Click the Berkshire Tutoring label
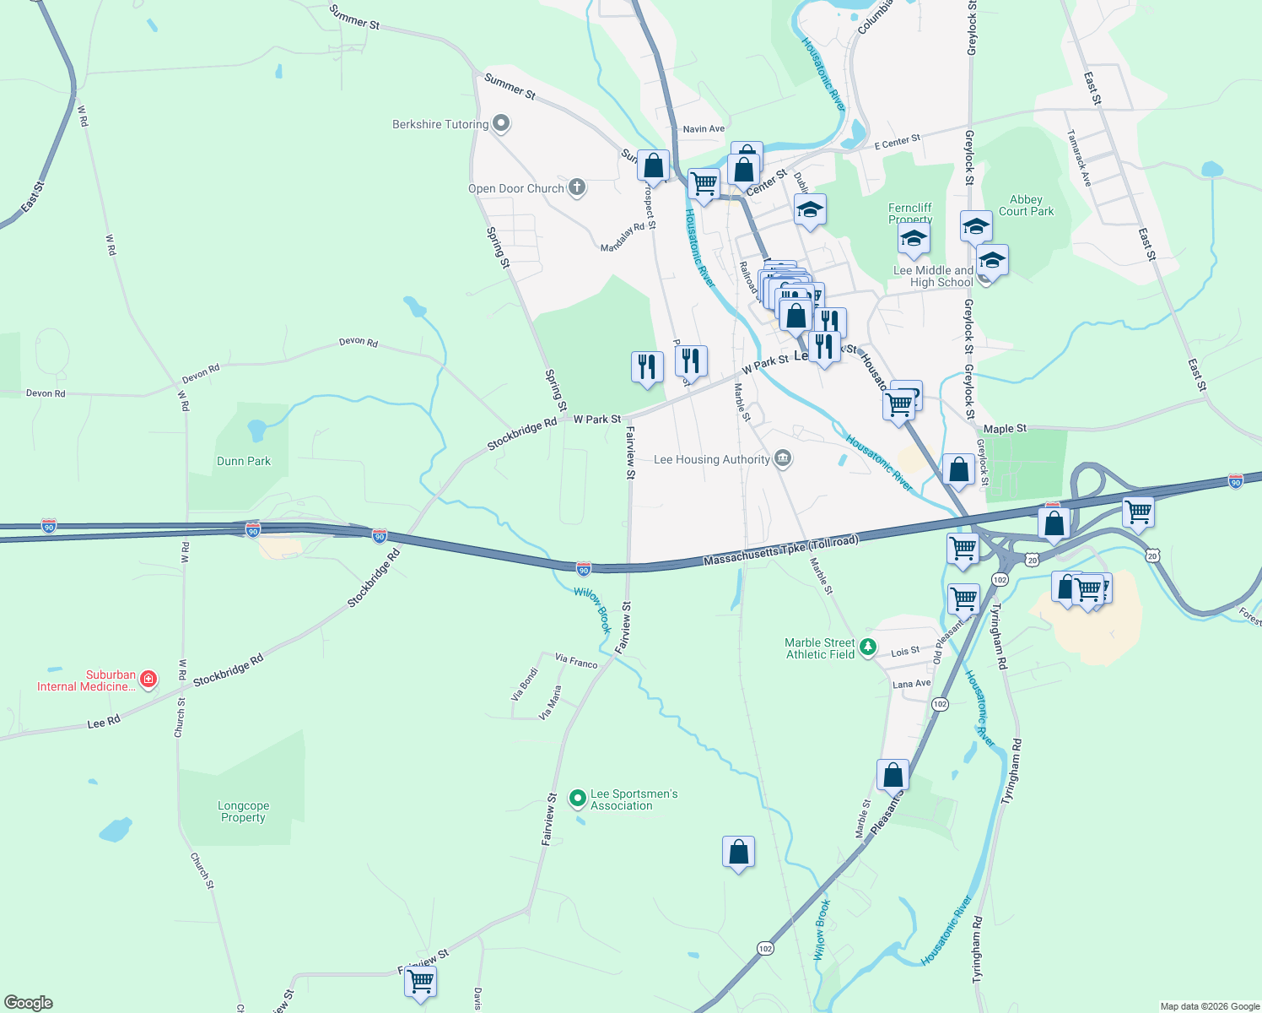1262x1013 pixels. [x=440, y=124]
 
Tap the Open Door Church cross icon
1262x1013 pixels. [x=577, y=187]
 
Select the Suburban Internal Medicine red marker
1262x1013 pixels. [x=148, y=679]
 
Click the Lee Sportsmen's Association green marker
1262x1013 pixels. [x=578, y=798]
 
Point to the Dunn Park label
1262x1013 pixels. [x=244, y=461]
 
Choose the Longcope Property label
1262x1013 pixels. [x=243, y=811]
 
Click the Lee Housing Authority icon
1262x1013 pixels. [x=783, y=458]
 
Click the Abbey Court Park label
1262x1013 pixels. [x=1026, y=205]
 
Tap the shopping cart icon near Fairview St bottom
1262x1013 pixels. [x=420, y=982]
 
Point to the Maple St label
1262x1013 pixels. [x=1005, y=429]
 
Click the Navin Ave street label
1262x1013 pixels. [x=704, y=129]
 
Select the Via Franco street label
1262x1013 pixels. [x=576, y=661]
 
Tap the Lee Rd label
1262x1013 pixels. [x=104, y=723]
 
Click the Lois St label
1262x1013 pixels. [x=905, y=652]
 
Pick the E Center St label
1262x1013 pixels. [x=897, y=142]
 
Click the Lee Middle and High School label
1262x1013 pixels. [x=933, y=276]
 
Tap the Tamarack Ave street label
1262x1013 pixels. [x=1079, y=158]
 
